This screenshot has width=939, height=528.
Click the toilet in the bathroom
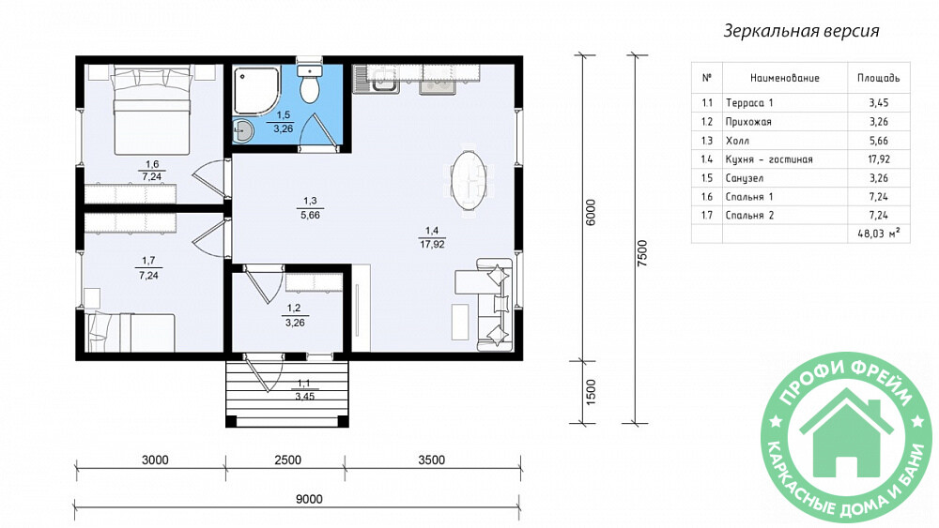[x=310, y=83]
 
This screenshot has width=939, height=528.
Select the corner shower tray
[x=257, y=90]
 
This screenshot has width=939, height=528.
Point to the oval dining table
[x=469, y=179]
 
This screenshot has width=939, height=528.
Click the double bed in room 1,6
[x=151, y=112]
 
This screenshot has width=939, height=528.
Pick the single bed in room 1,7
[x=131, y=333]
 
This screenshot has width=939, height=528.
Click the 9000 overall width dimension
[x=309, y=499]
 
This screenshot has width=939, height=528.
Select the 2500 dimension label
[x=287, y=460]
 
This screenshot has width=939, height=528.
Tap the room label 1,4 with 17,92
[x=432, y=237]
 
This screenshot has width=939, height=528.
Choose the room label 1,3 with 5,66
[x=310, y=208]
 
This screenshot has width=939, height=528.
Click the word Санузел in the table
[x=745, y=178]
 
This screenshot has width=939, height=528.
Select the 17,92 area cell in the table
[x=879, y=159]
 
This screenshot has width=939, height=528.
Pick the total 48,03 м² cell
[x=879, y=234]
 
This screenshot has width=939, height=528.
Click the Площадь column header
[x=879, y=79]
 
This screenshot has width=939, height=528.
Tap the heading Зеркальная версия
[x=801, y=31]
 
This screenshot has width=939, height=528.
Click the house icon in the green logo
[x=846, y=432]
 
